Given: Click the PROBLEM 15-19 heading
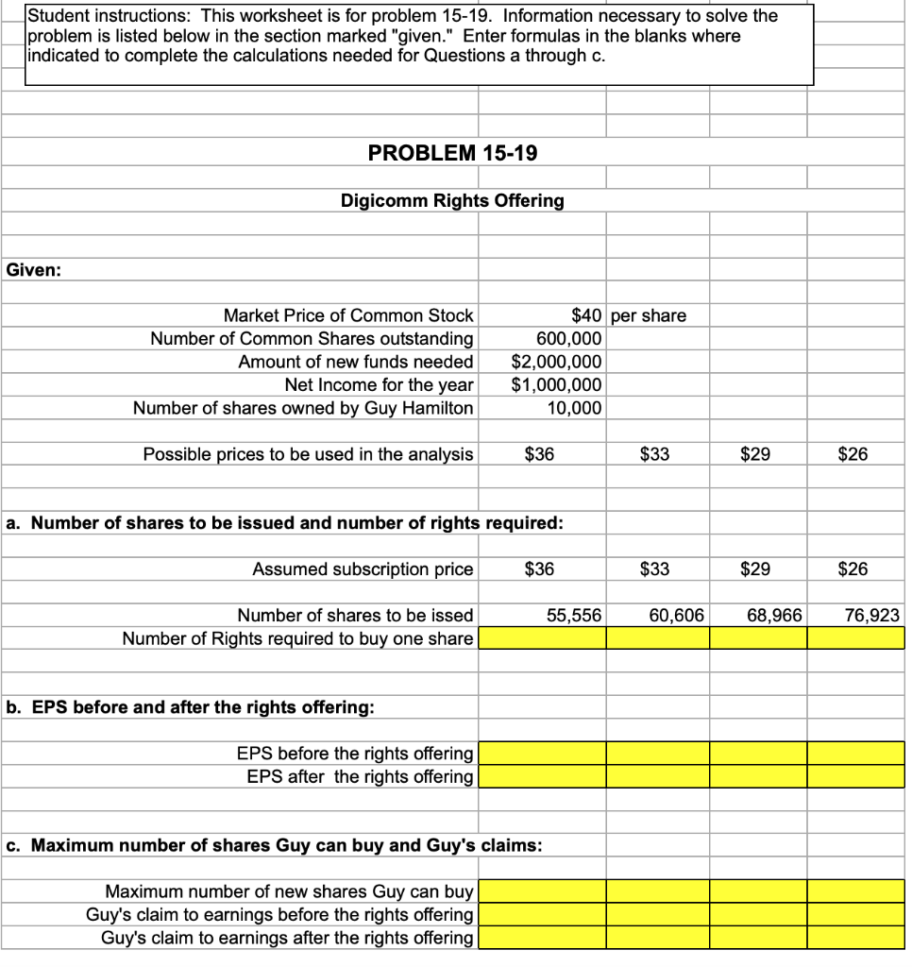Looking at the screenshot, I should click(x=452, y=153).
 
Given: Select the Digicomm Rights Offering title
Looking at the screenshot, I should click(x=452, y=200).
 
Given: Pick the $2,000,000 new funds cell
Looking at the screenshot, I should click(x=556, y=362).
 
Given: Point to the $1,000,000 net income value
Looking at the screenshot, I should click(x=556, y=384).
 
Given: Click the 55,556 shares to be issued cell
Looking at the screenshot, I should click(x=574, y=616).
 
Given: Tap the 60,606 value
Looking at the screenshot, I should click(x=676, y=616).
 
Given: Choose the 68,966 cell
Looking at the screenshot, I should click(x=774, y=616).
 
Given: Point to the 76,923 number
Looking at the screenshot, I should click(x=872, y=616).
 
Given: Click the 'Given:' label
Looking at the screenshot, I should click(x=34, y=270).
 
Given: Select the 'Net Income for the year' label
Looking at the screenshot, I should click(x=379, y=384).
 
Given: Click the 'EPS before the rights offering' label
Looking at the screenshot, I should click(x=354, y=754).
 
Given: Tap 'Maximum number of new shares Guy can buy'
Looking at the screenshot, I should click(x=289, y=891).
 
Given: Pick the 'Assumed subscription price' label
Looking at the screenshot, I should click(x=363, y=569).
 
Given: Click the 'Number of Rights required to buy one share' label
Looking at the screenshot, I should click(x=297, y=638).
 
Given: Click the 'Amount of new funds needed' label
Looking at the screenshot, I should click(x=355, y=362).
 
